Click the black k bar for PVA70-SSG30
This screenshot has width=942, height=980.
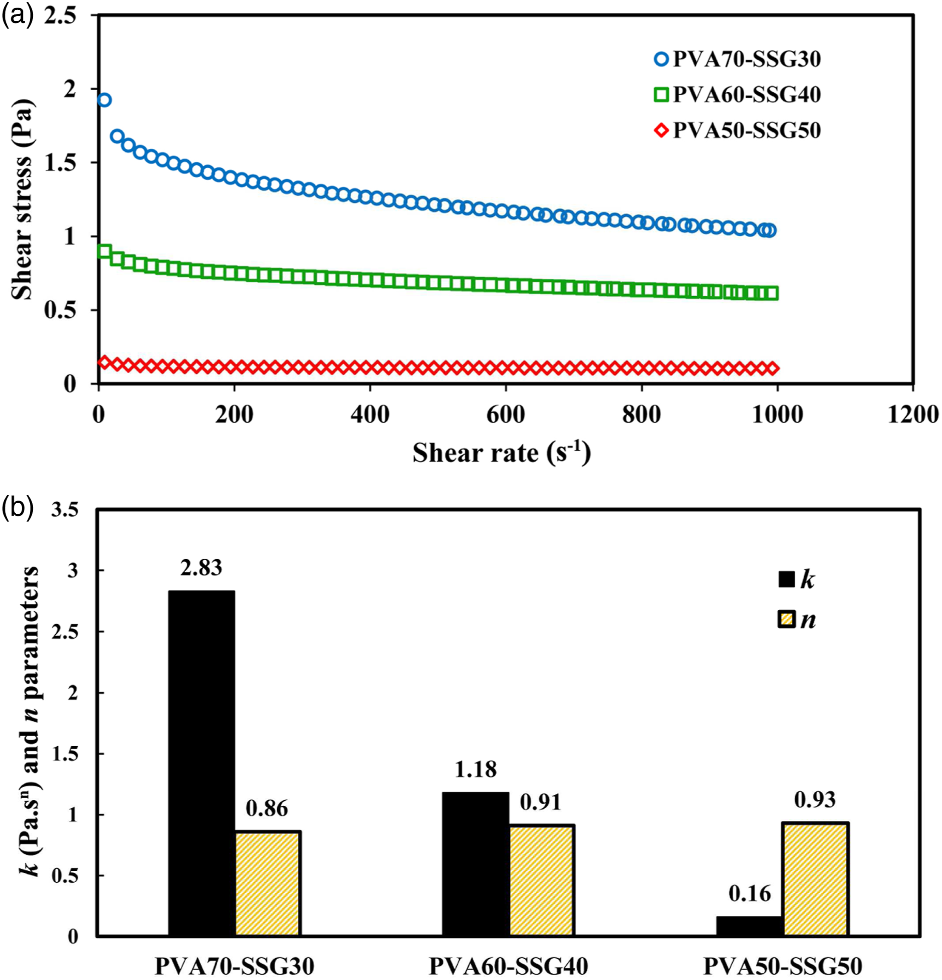[202, 763]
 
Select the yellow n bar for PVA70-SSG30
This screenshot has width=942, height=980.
[268, 883]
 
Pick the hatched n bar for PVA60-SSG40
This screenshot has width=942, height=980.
[541, 880]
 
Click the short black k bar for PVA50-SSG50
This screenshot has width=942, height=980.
[749, 926]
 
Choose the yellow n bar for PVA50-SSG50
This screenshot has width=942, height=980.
[815, 878]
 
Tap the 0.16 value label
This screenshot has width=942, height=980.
[749, 893]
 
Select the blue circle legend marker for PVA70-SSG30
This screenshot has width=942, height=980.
[661, 59]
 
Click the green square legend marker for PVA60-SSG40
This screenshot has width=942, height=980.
[661, 95]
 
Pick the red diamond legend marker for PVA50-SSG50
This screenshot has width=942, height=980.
[661, 131]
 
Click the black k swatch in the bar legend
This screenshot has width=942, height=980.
[787, 580]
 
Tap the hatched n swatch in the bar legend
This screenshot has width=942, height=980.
[787, 620]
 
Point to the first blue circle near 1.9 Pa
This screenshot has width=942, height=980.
[104, 100]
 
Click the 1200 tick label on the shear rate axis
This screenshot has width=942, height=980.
[913, 414]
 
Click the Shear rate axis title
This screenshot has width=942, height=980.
[502, 453]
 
